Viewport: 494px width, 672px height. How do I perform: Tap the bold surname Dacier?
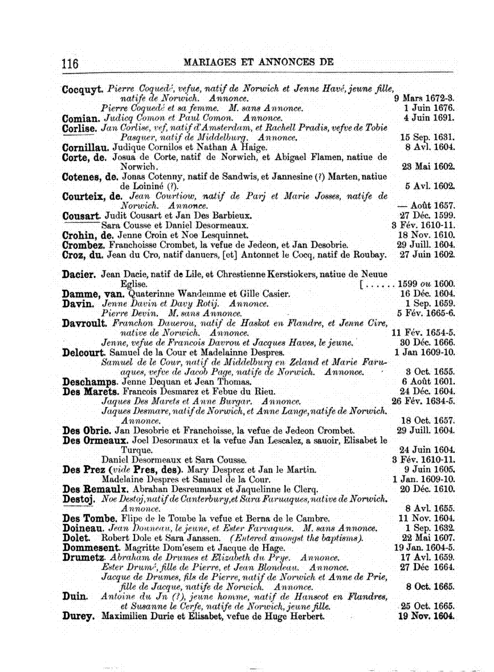79,274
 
